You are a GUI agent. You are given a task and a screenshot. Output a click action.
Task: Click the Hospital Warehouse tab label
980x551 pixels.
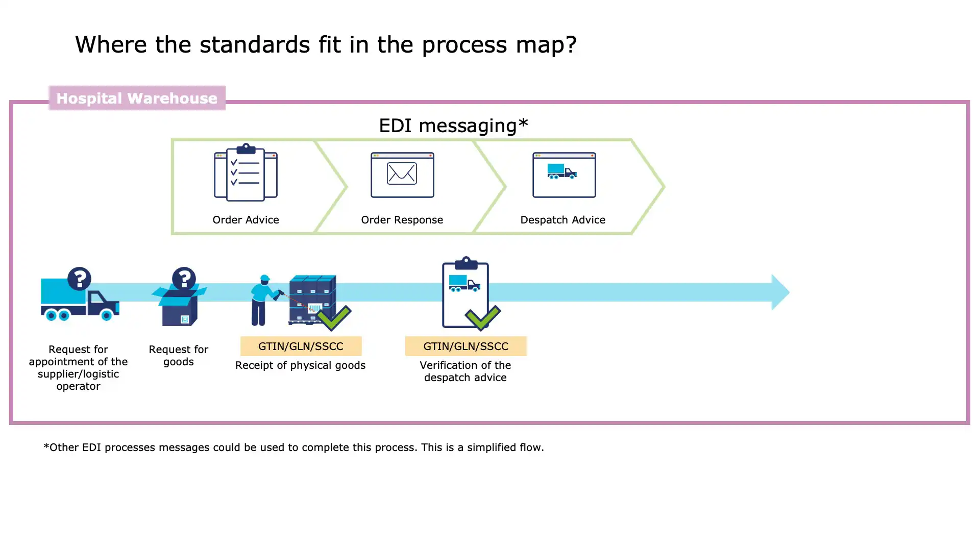click(x=137, y=98)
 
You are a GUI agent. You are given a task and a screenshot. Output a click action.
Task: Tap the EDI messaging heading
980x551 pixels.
click(x=453, y=126)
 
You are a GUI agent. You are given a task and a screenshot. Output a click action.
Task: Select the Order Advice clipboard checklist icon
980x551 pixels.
click(x=246, y=172)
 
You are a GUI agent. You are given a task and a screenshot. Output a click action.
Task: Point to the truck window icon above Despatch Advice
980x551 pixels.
click(x=564, y=174)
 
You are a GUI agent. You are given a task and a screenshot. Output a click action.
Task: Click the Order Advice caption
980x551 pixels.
click(x=246, y=220)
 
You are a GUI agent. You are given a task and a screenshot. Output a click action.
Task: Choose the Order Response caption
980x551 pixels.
click(x=402, y=220)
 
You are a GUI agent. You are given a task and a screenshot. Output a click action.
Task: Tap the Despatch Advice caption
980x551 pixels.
click(x=562, y=220)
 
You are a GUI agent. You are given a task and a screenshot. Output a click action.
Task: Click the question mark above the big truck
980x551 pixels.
click(x=79, y=279)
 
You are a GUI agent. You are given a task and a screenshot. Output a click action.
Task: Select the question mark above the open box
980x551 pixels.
click(x=184, y=279)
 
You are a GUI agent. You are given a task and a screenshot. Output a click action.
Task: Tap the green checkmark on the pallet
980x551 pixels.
click(x=333, y=317)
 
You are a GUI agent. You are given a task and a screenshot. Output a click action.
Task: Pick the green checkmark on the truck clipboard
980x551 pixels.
click(x=483, y=317)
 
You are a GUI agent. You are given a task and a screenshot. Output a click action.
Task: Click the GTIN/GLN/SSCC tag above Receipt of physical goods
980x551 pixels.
click(x=301, y=346)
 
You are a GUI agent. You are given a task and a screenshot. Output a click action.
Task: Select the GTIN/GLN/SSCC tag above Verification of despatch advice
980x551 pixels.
click(x=465, y=346)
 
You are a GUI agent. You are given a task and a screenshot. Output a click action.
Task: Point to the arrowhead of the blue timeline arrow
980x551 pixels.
click(x=780, y=292)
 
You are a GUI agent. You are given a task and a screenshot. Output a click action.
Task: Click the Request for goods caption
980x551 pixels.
click(x=179, y=356)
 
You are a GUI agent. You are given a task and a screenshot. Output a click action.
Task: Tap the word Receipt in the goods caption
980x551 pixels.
click(x=253, y=365)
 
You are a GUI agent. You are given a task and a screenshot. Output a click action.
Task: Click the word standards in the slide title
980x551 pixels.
click(x=255, y=44)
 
